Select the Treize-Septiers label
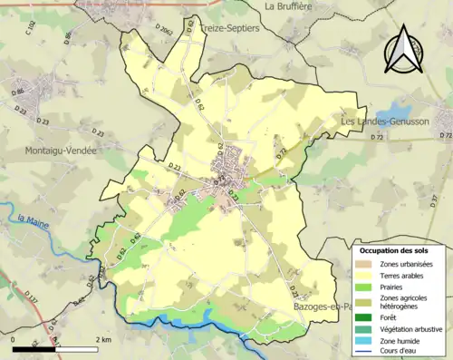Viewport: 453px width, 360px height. click(x=229, y=28)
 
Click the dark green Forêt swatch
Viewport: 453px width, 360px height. click(x=366, y=317)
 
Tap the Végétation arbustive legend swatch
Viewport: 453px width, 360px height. click(x=366, y=329)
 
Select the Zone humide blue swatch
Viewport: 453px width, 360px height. click(x=366, y=341)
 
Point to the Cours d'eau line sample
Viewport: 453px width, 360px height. click(x=366, y=353)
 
